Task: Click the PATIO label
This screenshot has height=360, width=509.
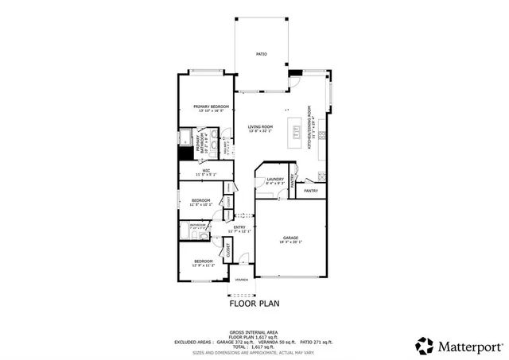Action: coord(261,54)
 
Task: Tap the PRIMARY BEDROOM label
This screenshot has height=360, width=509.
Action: coord(211,107)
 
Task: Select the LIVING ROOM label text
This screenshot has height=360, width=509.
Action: coord(260,127)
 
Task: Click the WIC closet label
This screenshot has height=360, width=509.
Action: coord(206,170)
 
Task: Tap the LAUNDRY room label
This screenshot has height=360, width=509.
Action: coord(275,180)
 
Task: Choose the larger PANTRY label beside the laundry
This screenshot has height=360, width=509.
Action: coord(311,191)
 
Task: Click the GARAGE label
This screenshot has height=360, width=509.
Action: coord(290,238)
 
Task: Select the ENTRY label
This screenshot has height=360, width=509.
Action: coord(239,227)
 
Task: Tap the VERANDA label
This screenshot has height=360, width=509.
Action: coord(240,280)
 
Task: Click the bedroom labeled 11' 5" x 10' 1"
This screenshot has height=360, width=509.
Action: coord(200,200)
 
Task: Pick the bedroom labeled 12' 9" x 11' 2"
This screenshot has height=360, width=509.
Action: coord(204,261)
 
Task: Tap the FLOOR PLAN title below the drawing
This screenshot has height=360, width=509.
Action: coord(254,303)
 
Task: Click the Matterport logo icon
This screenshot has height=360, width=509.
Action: coord(425,346)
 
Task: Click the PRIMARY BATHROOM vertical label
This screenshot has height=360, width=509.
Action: coord(198,141)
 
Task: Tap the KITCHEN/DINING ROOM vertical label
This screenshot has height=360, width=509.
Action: coord(310,127)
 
